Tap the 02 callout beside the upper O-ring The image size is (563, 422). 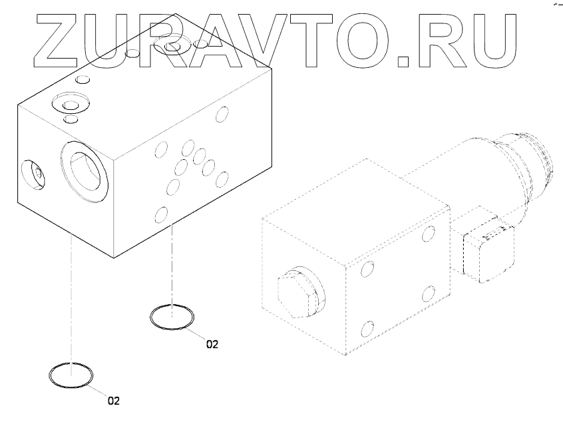point(212,345)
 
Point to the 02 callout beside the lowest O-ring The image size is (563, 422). point(113,401)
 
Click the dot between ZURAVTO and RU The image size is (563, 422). point(404,61)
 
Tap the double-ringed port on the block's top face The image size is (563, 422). point(69,106)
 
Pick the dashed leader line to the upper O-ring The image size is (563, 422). point(172,266)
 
